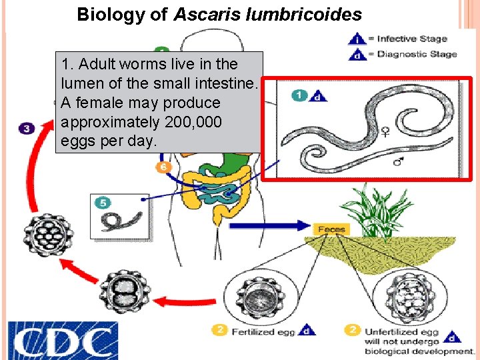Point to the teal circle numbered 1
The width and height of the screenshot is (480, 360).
(299, 95)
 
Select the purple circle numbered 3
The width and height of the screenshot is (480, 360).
(27, 128)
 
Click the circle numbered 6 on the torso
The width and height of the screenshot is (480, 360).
(163, 167)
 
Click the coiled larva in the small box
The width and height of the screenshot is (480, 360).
(120, 220)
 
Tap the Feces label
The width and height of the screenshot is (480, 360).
(331, 229)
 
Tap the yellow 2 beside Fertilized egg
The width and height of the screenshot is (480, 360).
(220, 329)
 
